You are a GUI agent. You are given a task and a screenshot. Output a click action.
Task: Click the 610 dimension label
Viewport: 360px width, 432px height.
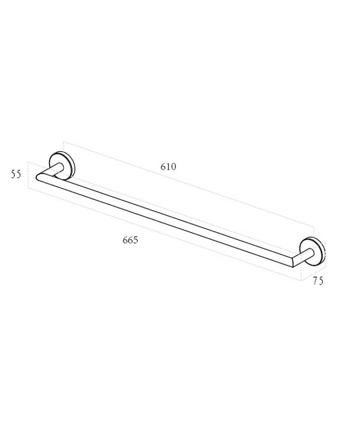coord(169,167)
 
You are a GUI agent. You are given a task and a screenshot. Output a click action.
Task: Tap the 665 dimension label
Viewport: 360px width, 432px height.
coord(130,240)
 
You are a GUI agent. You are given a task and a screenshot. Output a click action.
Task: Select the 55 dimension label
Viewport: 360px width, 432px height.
coord(16,174)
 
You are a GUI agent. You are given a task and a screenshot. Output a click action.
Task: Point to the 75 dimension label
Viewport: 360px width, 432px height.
coord(318,281)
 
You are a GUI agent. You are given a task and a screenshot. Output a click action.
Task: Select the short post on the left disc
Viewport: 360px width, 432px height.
coord(57,169)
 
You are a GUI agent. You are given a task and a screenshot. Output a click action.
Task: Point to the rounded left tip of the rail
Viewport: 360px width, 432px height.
coord(37,177)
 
